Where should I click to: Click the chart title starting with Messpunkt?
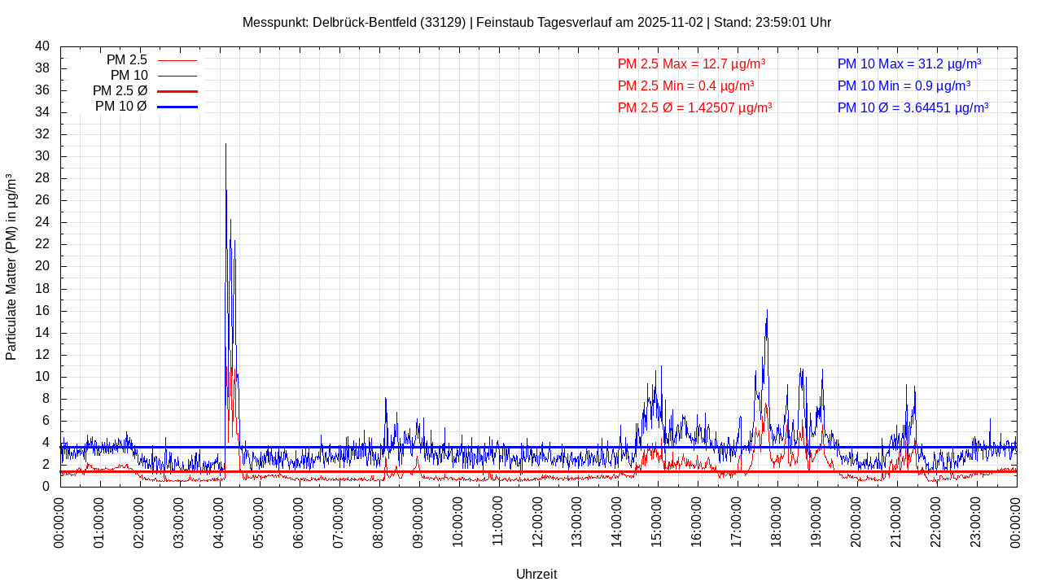(x=536, y=22)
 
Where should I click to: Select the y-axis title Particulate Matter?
(x=11, y=266)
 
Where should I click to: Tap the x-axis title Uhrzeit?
(x=536, y=574)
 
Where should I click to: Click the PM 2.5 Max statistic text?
(x=691, y=63)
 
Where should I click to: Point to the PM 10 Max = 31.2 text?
(x=908, y=63)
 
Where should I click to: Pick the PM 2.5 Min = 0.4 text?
(x=685, y=85)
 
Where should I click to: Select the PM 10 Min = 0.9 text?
(x=904, y=85)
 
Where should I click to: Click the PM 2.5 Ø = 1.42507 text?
(x=694, y=107)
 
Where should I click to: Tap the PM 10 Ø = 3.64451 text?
(x=913, y=107)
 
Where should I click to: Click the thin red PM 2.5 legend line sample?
(x=177, y=60)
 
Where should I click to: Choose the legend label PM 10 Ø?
(x=120, y=107)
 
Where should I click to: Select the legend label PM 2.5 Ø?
(x=120, y=91)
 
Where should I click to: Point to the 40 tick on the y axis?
(x=42, y=46)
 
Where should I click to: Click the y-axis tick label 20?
(x=42, y=266)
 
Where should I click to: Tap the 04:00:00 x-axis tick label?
(x=219, y=521)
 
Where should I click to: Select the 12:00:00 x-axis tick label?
(x=537, y=521)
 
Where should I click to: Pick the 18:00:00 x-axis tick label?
(x=777, y=521)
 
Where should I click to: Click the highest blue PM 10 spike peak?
(x=225, y=144)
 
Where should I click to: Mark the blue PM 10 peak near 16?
(x=767, y=310)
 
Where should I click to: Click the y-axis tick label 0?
(x=46, y=487)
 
